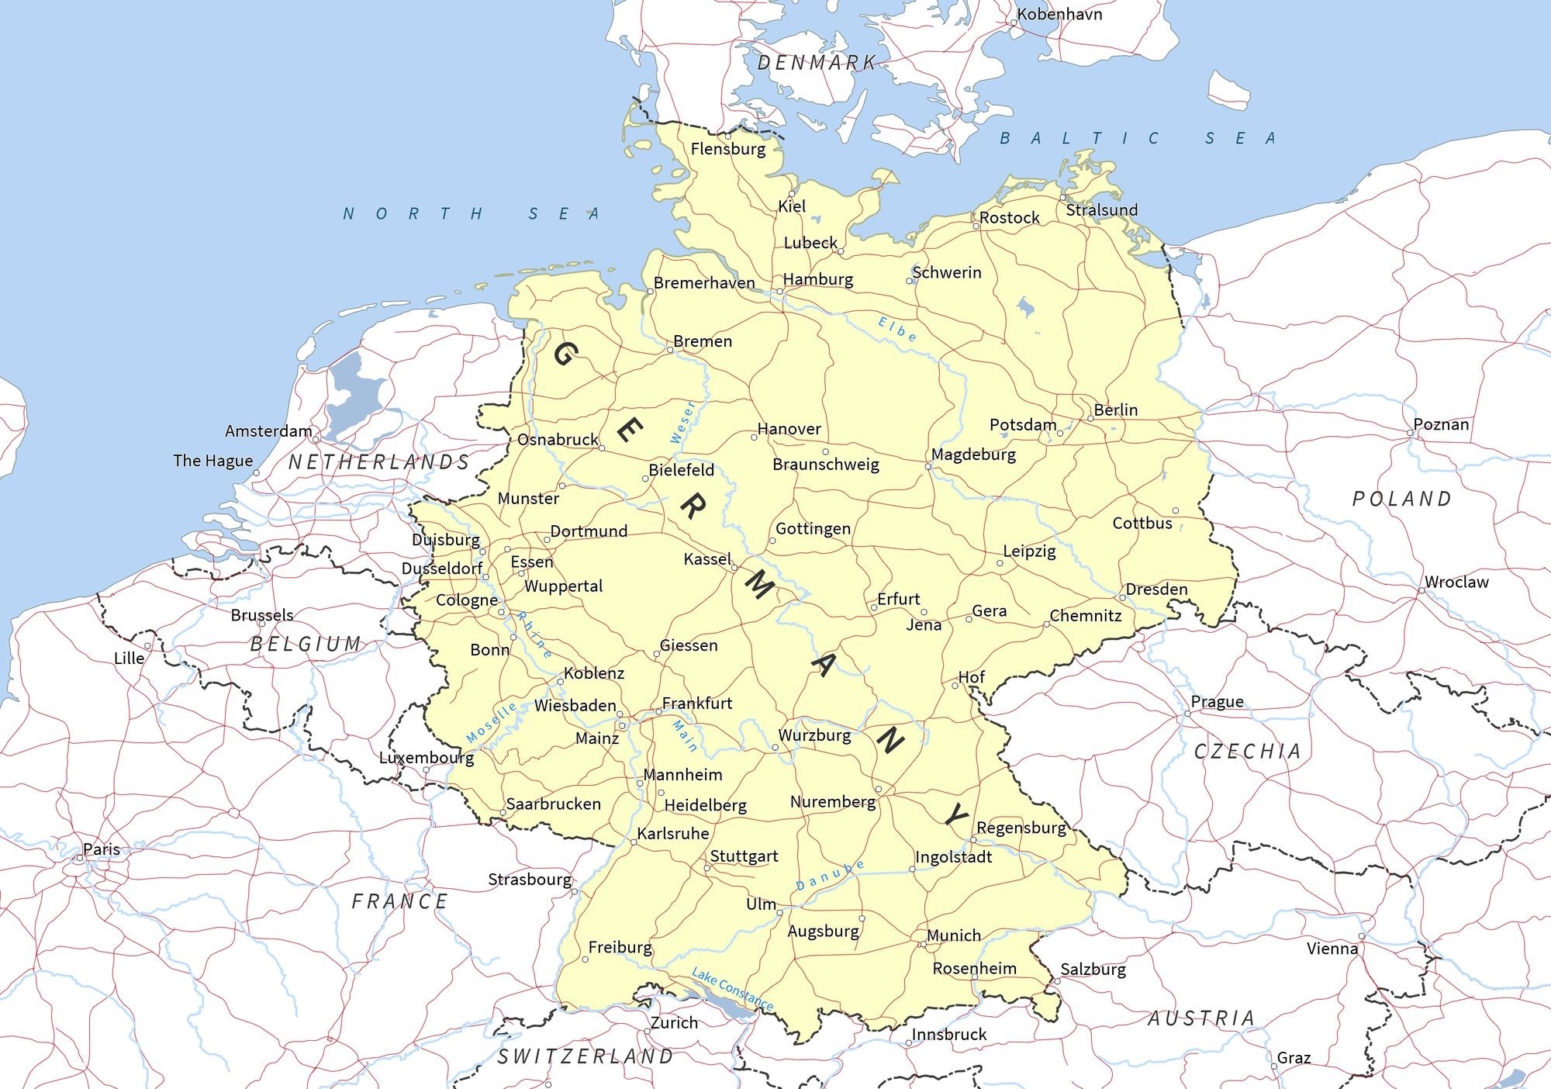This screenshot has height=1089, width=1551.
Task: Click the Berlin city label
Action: (x=1115, y=410)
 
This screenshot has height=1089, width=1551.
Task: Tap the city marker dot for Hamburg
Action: (x=779, y=292)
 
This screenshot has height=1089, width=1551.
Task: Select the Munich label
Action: (x=954, y=935)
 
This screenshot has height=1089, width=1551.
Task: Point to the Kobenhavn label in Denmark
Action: (x=1059, y=14)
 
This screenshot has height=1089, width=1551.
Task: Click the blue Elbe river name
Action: (x=897, y=329)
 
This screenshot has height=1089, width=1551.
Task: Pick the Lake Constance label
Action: (x=732, y=989)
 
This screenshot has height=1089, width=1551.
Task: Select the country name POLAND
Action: (x=1401, y=499)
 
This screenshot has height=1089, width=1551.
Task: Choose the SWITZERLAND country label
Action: (x=586, y=1056)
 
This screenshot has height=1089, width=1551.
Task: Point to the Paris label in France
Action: (x=102, y=849)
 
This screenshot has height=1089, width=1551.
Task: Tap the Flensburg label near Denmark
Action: (x=727, y=149)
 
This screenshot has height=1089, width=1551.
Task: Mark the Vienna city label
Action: (x=1332, y=948)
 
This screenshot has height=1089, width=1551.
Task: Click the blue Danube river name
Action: (x=830, y=875)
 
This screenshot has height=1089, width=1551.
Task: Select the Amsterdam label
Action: (x=268, y=430)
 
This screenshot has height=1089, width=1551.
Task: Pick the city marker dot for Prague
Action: (x=1187, y=714)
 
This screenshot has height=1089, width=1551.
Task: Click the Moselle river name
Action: (x=491, y=722)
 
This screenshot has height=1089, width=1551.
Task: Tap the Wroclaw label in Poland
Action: (x=1456, y=582)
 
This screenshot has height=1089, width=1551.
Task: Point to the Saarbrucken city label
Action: (x=553, y=804)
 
